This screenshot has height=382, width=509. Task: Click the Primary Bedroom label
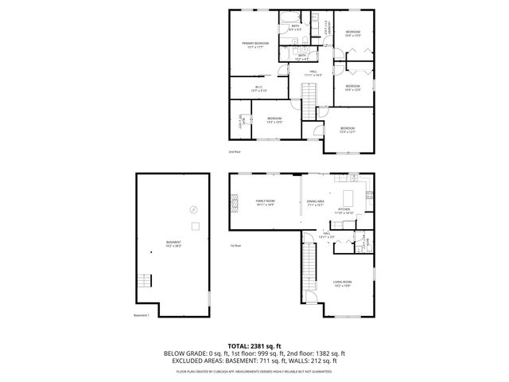coord(256,45)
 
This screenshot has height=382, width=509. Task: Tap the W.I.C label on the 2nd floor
coord(259,89)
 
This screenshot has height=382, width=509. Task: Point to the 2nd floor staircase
coord(309,95)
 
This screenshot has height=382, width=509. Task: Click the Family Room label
coord(265,202)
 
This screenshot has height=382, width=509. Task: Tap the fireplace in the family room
coord(234,205)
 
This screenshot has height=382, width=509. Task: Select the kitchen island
coord(348,196)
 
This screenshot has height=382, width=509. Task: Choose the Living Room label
coord(343,283)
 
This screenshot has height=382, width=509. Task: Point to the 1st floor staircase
coord(308,267)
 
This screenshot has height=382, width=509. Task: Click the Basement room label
coord(173,244)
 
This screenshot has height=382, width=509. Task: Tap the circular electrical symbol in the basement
coord(191,209)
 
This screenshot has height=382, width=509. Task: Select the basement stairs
coord(144,281)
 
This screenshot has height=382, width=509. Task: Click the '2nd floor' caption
coord(234,151)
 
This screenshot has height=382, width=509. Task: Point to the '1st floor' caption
coord(235,245)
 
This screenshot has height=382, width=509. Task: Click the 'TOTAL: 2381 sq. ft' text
coord(254,345)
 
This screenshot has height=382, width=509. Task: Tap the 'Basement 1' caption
coord(142,315)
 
